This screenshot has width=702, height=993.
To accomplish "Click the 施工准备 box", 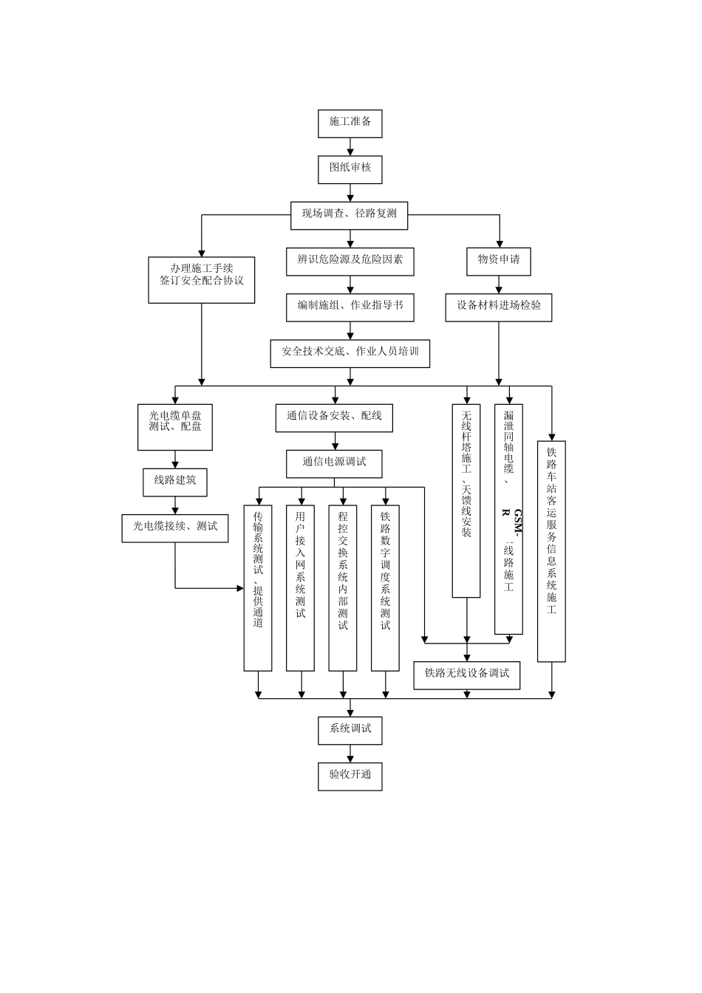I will (x=350, y=123).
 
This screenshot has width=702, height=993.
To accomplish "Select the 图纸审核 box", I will (x=350, y=168).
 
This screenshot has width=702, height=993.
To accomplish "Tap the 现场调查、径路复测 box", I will (x=350, y=214).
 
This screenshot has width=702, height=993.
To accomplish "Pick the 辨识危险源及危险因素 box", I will (x=350, y=260).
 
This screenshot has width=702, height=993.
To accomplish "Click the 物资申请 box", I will (x=498, y=260).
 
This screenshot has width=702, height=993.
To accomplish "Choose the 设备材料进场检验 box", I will (x=498, y=306).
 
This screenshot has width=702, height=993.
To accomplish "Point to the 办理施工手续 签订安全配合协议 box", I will (x=201, y=279).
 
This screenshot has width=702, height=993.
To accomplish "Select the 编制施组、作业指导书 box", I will (x=350, y=306).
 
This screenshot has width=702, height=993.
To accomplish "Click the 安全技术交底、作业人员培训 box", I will (x=350, y=352).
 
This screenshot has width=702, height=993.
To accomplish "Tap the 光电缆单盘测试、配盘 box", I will (x=175, y=426).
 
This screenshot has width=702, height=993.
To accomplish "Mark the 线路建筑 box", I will (x=175, y=481).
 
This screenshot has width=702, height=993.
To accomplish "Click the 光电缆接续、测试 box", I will (x=175, y=527).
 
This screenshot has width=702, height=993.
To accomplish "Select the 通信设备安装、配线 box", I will (x=335, y=417).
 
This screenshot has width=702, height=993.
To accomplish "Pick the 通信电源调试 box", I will (x=335, y=463).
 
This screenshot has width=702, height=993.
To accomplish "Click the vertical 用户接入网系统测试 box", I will (x=300, y=587).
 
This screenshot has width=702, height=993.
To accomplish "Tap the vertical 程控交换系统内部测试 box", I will (x=342, y=587).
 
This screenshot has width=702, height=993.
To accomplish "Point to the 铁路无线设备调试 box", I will (x=466, y=674).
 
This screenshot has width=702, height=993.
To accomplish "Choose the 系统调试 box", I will (x=350, y=729).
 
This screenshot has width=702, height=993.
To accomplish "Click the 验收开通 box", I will (x=350, y=775).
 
